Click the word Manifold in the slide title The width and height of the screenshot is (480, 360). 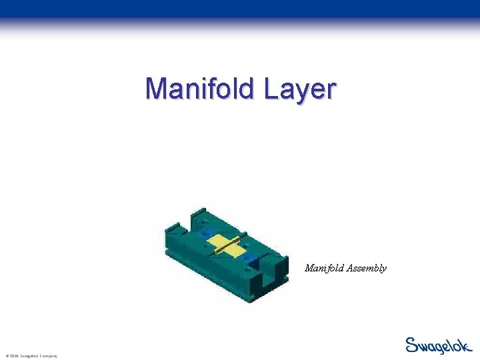pyautogui.click(x=200, y=89)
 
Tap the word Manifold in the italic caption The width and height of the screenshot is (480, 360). pyautogui.click(x=323, y=268)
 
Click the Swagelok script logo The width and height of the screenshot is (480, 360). pyautogui.click(x=439, y=345)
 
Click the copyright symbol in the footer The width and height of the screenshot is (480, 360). pyautogui.click(x=6, y=356)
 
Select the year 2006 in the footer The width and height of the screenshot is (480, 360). pyautogui.click(x=13, y=356)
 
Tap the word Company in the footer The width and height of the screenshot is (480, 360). pyautogui.click(x=47, y=356)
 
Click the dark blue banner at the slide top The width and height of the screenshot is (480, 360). pyautogui.click(x=240, y=9)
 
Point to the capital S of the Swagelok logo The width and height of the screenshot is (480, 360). pyautogui.click(x=412, y=345)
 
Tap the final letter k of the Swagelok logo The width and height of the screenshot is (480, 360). pyautogui.click(x=467, y=345)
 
